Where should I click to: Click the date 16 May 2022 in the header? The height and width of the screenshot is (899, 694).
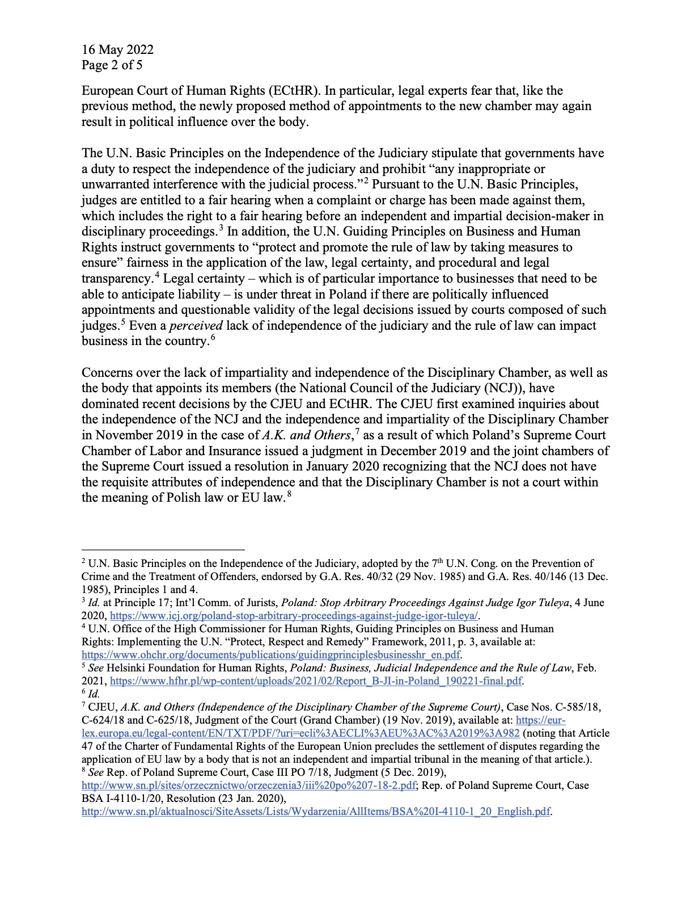(x=117, y=49)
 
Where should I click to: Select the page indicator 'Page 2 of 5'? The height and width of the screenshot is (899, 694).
(x=112, y=65)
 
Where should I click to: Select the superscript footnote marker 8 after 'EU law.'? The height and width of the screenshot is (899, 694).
(x=289, y=494)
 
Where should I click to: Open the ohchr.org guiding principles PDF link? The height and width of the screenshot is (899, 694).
(x=271, y=655)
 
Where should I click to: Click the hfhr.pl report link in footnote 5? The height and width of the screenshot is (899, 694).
(x=316, y=680)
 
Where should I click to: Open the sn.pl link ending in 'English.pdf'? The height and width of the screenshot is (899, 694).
(x=316, y=812)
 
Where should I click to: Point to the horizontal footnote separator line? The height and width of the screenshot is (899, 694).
(x=163, y=549)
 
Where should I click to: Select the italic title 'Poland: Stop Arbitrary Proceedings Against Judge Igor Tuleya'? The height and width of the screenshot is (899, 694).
(x=425, y=603)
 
